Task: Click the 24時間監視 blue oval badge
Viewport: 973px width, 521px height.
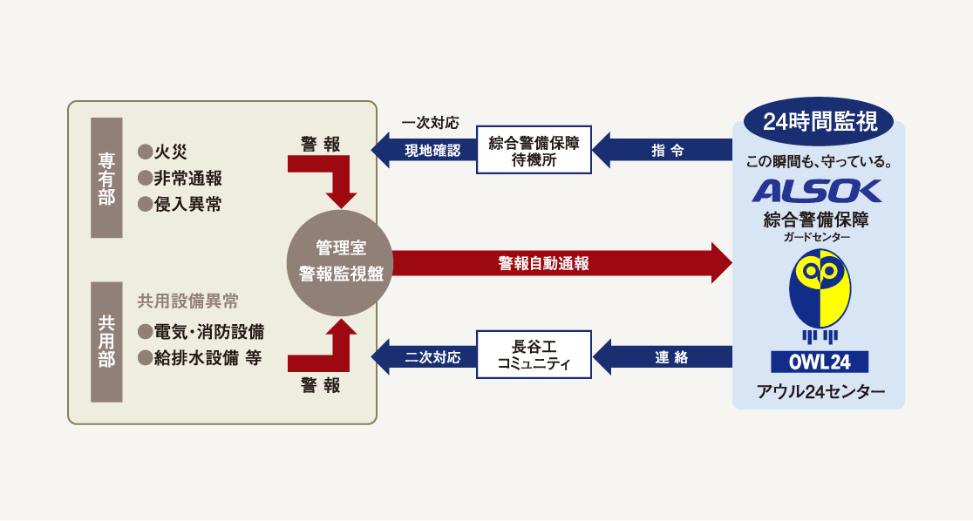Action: [x=819, y=122]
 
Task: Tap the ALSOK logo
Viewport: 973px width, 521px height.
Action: [x=817, y=191]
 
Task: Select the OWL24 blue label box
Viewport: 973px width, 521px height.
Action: [x=819, y=362]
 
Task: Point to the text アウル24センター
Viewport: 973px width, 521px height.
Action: [x=819, y=391]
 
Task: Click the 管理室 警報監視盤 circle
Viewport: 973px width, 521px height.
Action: [x=339, y=262]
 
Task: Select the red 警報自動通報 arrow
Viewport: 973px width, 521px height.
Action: [x=558, y=263]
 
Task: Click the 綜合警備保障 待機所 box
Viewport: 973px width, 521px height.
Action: [x=534, y=150]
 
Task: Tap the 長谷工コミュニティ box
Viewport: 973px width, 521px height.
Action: [x=534, y=355]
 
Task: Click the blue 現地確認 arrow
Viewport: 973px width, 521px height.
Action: [x=425, y=150]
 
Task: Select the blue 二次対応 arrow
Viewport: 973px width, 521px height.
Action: [x=425, y=355]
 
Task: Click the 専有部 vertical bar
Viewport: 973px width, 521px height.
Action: [x=106, y=178]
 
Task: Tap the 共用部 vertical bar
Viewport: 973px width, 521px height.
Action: [x=106, y=342]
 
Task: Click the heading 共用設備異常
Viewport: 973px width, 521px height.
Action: [x=187, y=301]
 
